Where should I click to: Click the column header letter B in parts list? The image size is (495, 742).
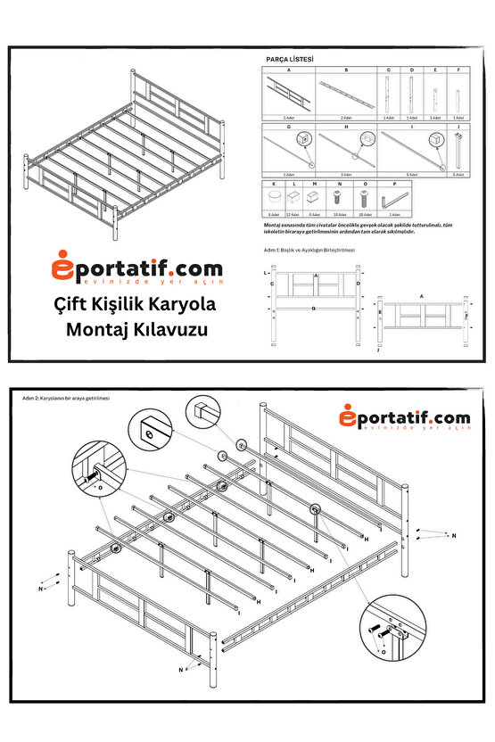coord(346,70)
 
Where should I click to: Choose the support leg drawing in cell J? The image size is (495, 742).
coord(458,153)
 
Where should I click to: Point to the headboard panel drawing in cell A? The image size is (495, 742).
coord(288,93)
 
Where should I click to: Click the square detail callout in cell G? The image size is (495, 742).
coord(304,139)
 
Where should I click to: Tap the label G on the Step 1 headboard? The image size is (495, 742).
coord(314,309)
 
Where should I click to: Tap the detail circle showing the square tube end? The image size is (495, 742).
coord(201,413)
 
